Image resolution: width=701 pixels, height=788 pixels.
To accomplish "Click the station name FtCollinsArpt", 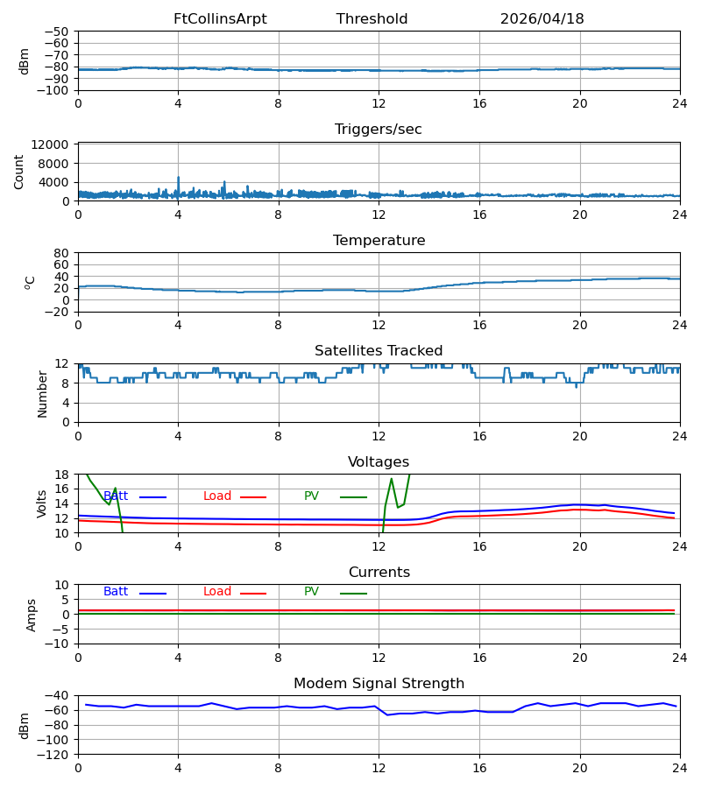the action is [x=220, y=19].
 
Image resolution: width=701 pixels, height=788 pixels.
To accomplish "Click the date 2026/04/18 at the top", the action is [x=542, y=19].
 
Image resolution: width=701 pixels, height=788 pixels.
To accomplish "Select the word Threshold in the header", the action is [x=372, y=19].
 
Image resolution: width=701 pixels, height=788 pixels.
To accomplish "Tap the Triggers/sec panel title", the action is [x=379, y=130].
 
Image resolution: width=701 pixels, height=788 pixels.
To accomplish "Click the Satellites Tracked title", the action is [x=379, y=351].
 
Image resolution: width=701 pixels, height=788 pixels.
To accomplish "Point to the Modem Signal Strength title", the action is [x=379, y=684].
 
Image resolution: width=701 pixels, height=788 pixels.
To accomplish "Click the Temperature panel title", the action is [x=379, y=240].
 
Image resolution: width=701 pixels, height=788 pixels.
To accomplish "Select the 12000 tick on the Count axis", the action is [x=50, y=144].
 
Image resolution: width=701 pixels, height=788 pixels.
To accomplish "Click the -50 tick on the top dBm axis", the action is [x=57, y=32].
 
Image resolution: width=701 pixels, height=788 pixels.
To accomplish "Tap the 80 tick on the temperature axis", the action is [x=61, y=253].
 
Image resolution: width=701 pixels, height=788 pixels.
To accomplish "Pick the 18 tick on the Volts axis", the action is [x=61, y=475].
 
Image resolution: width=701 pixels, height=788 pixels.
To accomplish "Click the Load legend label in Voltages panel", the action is [x=217, y=496].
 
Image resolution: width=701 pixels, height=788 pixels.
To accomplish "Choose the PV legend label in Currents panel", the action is [x=311, y=592].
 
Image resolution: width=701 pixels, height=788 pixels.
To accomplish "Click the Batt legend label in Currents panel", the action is [x=116, y=592].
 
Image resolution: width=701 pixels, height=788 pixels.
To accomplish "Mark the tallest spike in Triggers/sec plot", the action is [x=178, y=178].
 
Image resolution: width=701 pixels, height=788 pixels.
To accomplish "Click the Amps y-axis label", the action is [x=32, y=616].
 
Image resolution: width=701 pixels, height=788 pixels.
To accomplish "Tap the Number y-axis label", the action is [x=42, y=394].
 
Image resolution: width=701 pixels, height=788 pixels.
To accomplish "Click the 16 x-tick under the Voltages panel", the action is [x=479, y=546].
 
